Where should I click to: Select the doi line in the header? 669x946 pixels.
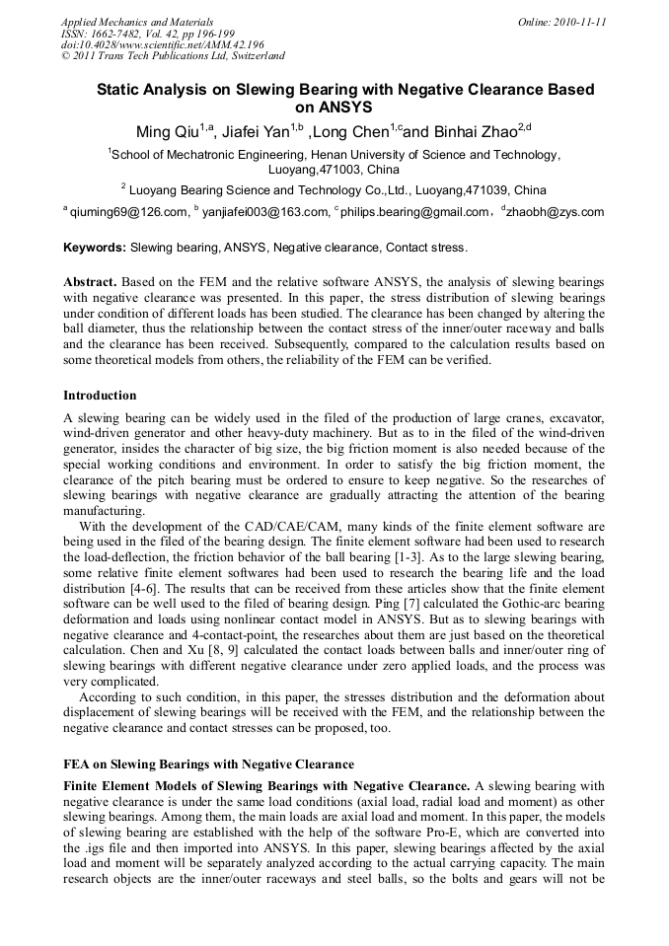click(162, 44)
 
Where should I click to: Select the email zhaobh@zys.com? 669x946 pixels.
click(557, 212)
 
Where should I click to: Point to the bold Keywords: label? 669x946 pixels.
click(95, 247)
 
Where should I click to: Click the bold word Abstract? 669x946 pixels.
click(91, 282)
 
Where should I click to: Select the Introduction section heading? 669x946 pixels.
click(100, 396)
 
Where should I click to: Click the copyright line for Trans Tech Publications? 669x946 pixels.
click(173, 56)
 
